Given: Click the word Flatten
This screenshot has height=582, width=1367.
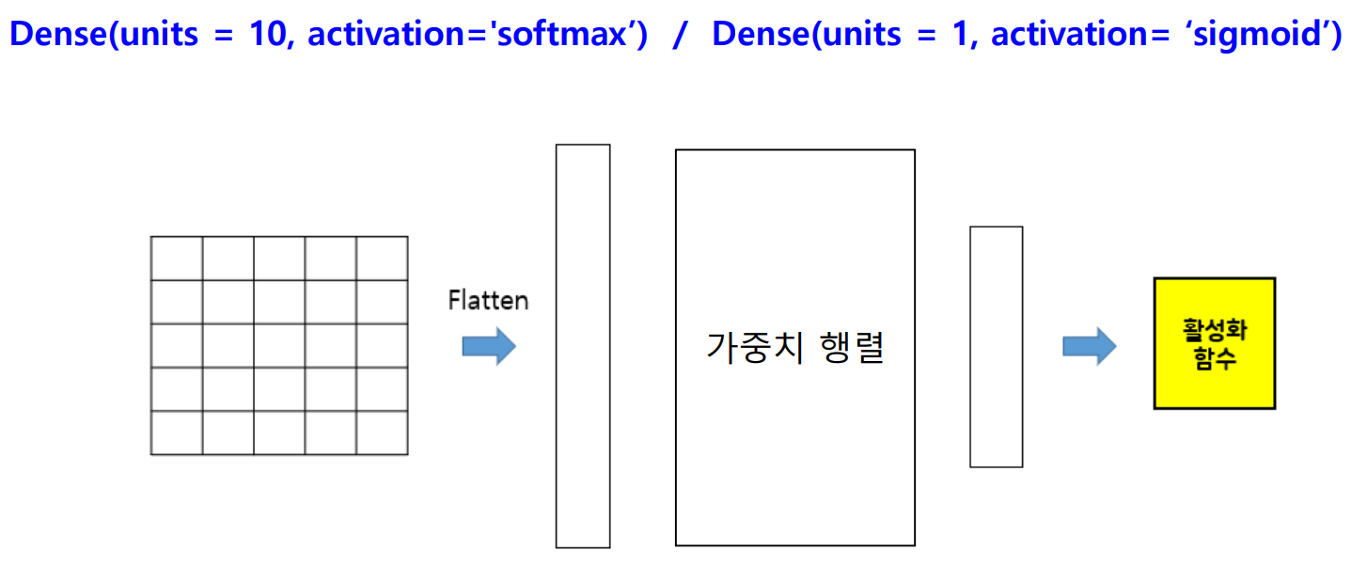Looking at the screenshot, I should [x=488, y=301].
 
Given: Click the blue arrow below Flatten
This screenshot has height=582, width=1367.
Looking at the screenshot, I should [x=489, y=346].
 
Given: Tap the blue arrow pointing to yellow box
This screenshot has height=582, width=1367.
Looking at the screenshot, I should [x=1089, y=346].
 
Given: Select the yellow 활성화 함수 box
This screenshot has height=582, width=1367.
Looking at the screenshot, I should [x=1214, y=343].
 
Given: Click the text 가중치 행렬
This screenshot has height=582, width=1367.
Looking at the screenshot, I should [x=794, y=349].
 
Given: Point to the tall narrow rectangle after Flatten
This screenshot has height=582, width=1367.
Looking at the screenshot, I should [x=583, y=345].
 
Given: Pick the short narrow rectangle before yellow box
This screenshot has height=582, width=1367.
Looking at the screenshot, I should [x=996, y=346].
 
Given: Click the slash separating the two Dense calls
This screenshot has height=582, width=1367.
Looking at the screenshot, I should [x=680, y=35].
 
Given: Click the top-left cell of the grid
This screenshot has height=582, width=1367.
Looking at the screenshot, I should [x=177, y=259].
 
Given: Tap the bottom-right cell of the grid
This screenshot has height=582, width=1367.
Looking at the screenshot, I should [x=382, y=433].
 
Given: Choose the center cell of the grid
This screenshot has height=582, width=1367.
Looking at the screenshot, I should [x=279, y=346].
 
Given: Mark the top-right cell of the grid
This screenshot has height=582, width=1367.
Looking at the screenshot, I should [x=382, y=259].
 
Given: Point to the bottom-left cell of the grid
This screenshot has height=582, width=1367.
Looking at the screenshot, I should [x=177, y=433].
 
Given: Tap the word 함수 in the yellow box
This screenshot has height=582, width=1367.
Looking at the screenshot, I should [x=1214, y=358].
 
